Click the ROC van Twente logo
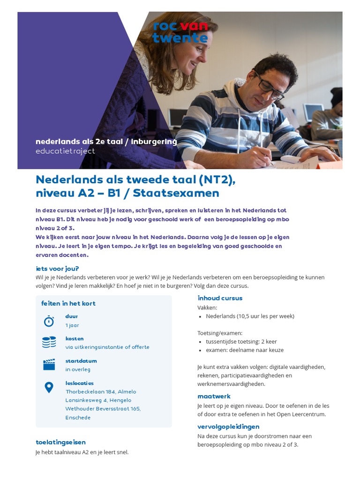pos(180,31)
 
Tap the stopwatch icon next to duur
pos(49,321)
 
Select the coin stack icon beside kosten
pos(49,343)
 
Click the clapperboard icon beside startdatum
pos(49,365)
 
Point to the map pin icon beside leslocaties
pos(49,387)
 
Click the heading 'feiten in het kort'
pos(68,303)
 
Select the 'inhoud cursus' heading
pos(220,298)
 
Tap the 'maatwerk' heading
pos(214,396)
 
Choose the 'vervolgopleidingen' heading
pos(228,427)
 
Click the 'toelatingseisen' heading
pos(60,442)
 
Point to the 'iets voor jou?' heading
pos(57,269)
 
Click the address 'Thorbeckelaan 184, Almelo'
pos(101,391)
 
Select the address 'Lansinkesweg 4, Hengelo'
pos(98,400)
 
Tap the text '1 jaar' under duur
pos(72,325)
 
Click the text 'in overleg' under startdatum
pos(78,369)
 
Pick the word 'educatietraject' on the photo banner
pos(65,151)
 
